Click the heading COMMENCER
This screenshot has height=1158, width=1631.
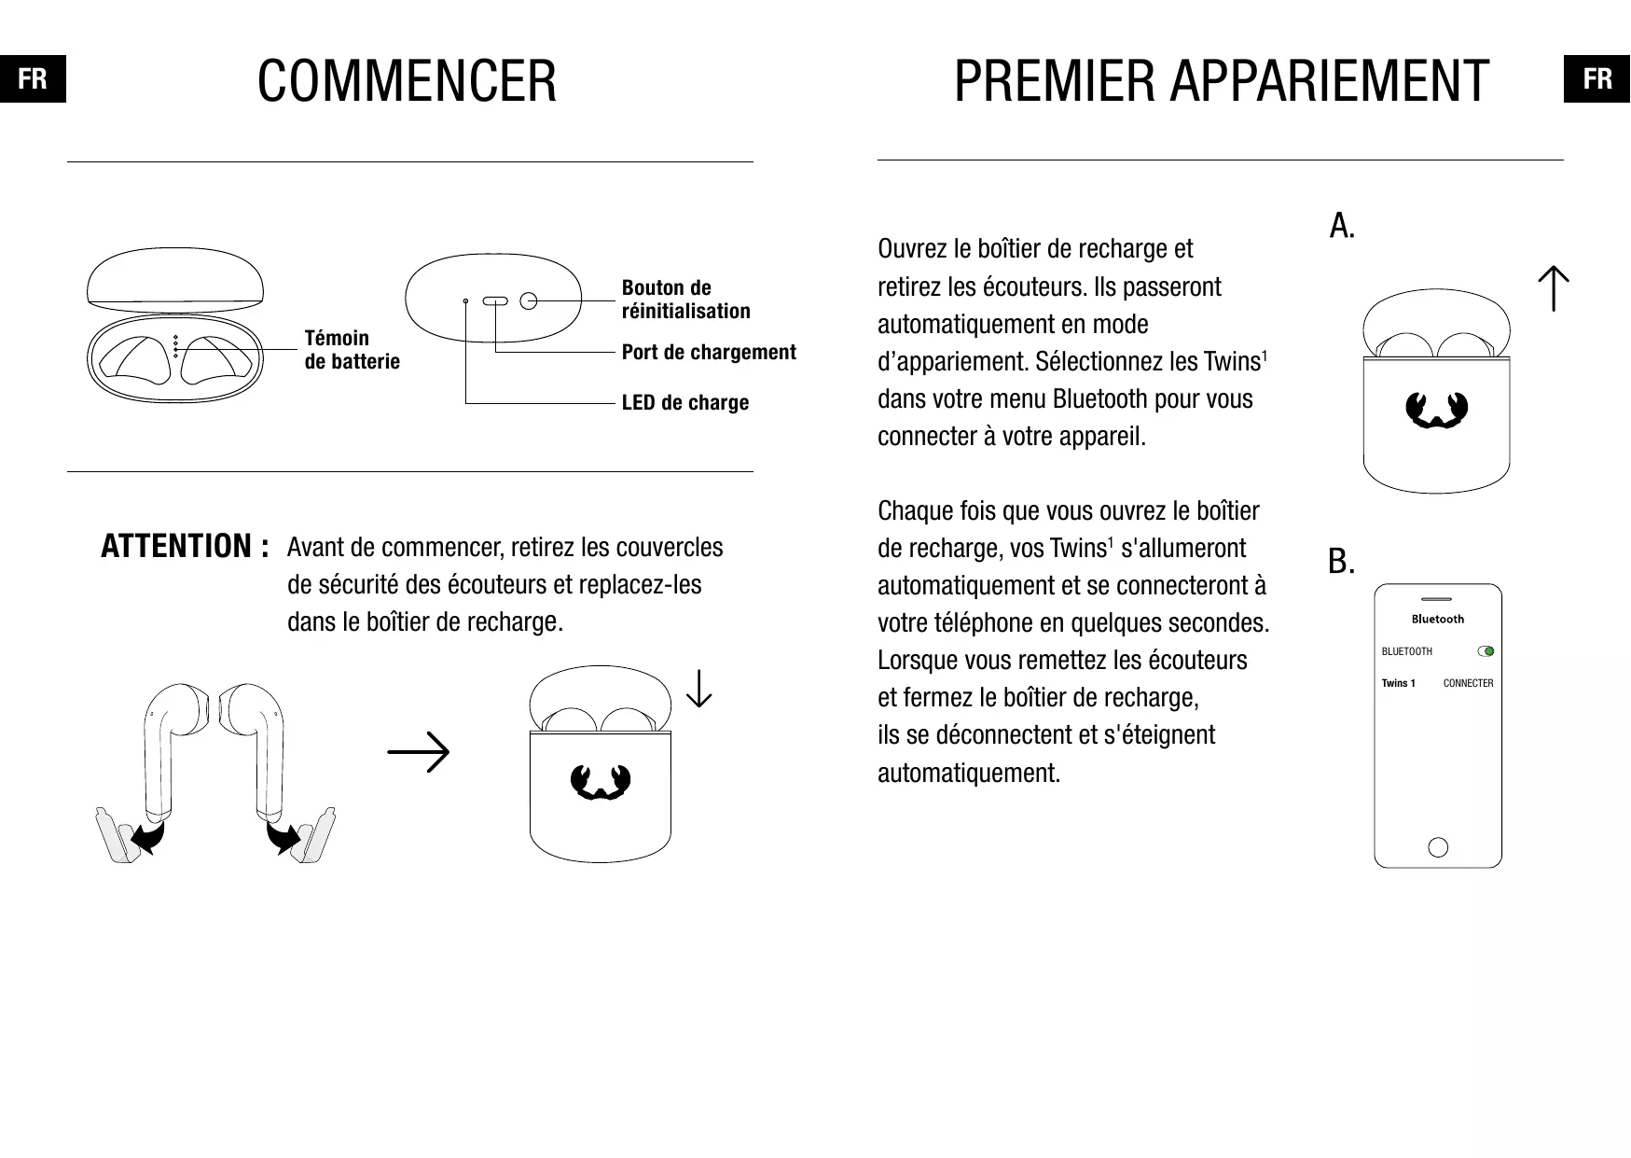tap(407, 81)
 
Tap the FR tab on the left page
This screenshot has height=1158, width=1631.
tap(33, 79)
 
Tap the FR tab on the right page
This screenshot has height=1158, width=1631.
tap(1596, 79)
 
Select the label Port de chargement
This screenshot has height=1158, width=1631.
tap(709, 352)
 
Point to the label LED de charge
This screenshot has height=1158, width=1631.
tap(685, 402)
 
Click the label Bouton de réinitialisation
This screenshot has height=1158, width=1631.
tap(685, 299)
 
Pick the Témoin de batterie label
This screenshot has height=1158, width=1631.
tap(352, 349)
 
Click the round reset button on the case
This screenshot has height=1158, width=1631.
tap(529, 301)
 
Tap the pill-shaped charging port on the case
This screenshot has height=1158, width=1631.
tap(495, 301)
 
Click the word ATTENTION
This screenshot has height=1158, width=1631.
tap(177, 546)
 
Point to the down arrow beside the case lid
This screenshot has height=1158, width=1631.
tap(698, 689)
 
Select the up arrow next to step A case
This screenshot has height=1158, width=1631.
tap(1554, 288)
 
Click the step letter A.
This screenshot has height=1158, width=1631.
tap(1342, 225)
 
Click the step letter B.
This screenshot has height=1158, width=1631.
tap(1341, 562)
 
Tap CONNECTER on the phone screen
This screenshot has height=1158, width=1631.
tap(1468, 683)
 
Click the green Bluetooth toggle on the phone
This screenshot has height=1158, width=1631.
tap(1486, 651)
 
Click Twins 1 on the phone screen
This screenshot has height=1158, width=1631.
tap(1398, 683)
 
